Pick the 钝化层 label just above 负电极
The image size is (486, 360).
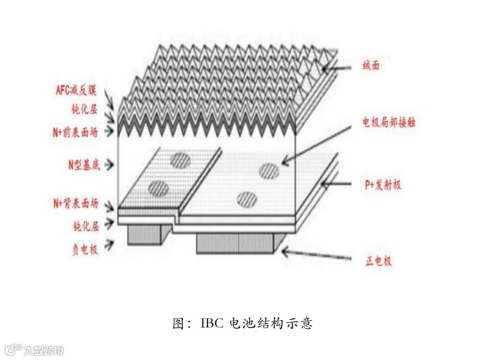(x=85, y=226)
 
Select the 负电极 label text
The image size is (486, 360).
(x=85, y=247)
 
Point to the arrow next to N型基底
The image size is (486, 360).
(x=110, y=165)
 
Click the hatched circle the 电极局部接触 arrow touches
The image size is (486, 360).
(x=270, y=171)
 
